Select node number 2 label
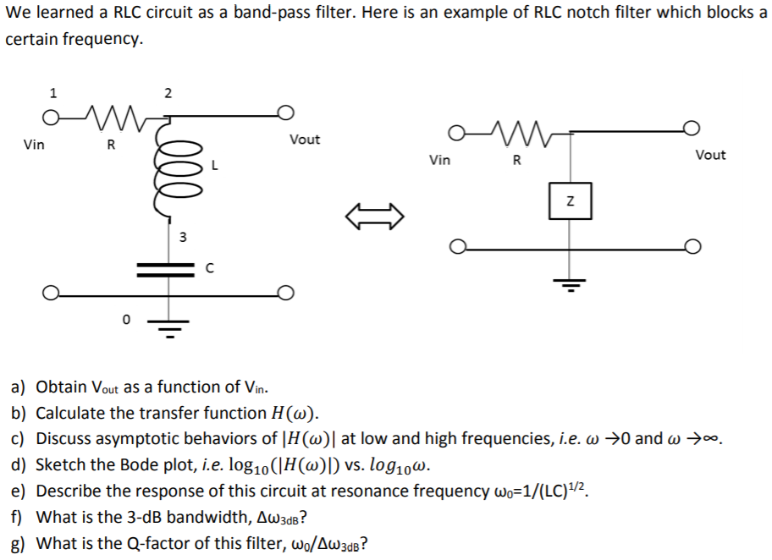(x=168, y=92)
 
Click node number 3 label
(x=180, y=236)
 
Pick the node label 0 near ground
(x=126, y=319)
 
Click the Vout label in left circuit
(x=304, y=140)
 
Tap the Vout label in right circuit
(x=709, y=155)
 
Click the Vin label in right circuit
(x=439, y=160)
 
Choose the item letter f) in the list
(x=17, y=518)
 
